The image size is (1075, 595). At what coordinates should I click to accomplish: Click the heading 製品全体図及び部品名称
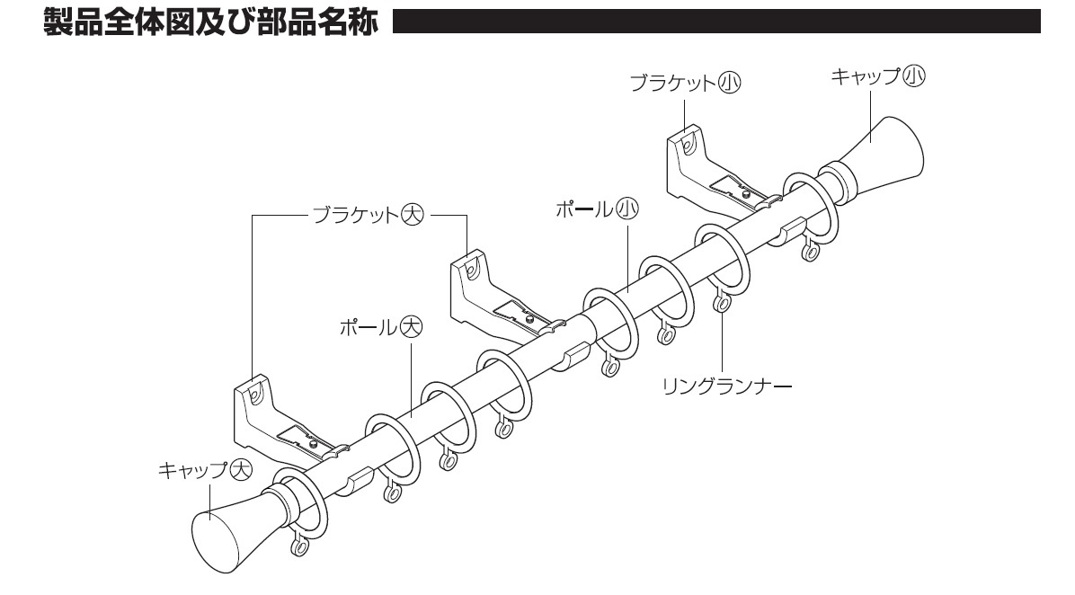coord(212,22)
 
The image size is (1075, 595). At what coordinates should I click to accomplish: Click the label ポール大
coord(380,326)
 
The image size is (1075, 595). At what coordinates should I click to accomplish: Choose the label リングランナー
coord(725,386)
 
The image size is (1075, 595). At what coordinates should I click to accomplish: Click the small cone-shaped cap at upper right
coord(891,148)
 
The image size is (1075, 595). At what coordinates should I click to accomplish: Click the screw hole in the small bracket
coord(688,142)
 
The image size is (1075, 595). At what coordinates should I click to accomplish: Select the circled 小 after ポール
coord(626,209)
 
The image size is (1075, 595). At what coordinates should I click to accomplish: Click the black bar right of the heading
coord(715,22)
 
